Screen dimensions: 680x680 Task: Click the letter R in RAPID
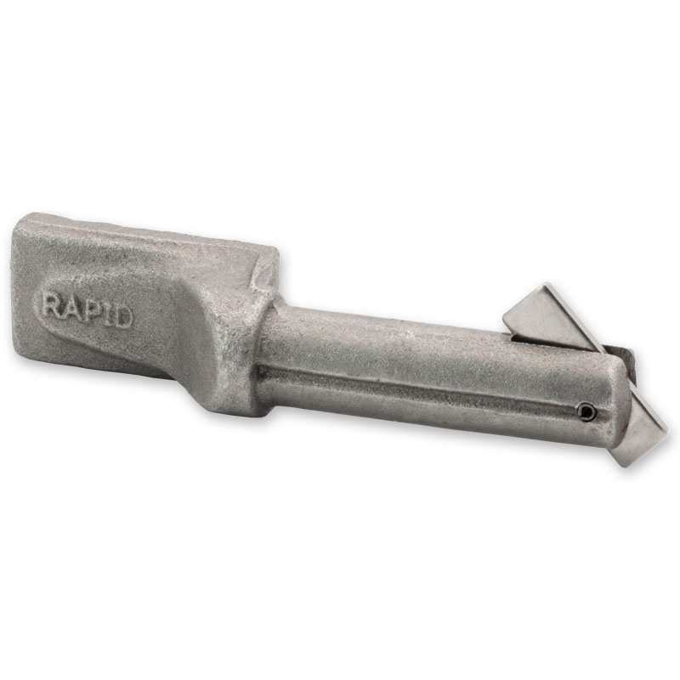[x=50, y=306]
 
